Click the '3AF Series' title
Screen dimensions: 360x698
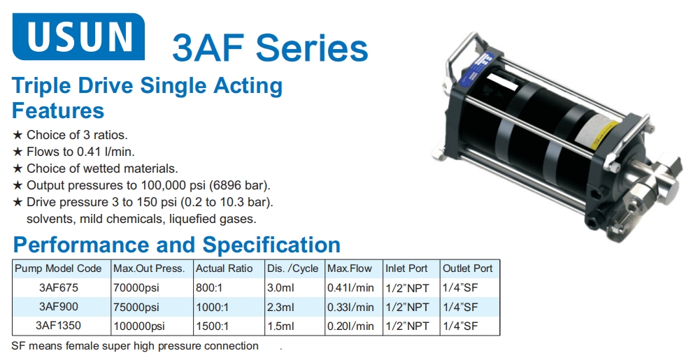coord(270,48)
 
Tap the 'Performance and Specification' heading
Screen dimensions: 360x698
coord(176,245)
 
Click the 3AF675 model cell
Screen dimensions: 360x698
coord(59,287)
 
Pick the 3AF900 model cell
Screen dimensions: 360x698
coord(59,307)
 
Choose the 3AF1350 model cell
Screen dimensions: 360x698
coord(59,326)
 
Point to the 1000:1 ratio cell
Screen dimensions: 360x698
coord(213,307)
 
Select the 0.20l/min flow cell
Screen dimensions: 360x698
coord(350,326)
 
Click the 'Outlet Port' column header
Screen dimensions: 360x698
coord(467,268)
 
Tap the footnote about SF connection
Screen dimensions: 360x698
coord(135,346)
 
